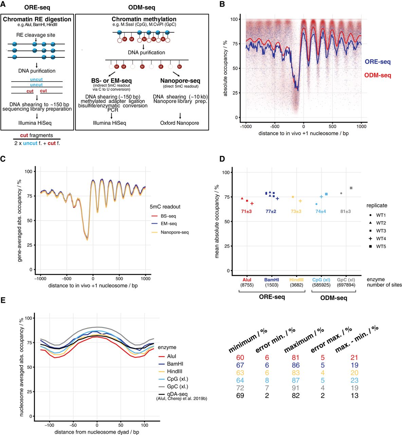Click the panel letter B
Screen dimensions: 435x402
coord(223,4)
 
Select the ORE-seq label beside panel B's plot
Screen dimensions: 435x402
coord(378,62)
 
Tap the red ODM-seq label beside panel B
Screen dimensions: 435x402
coord(378,75)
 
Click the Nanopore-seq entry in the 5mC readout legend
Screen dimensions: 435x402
coord(170,232)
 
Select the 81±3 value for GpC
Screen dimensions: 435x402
coord(345,211)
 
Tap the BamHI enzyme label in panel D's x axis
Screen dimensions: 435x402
coord(271,280)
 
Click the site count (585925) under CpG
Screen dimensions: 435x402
coord(321,285)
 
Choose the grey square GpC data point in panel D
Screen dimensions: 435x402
coord(351,188)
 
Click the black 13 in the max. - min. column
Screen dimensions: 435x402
coord(355,396)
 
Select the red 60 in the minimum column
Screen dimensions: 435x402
coord(240,358)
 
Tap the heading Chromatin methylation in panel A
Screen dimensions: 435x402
coord(144,19)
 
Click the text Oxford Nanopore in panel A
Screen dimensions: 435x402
coord(180,123)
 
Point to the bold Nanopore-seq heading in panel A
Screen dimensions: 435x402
coord(180,81)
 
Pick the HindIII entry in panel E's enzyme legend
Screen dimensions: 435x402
coord(175,371)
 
